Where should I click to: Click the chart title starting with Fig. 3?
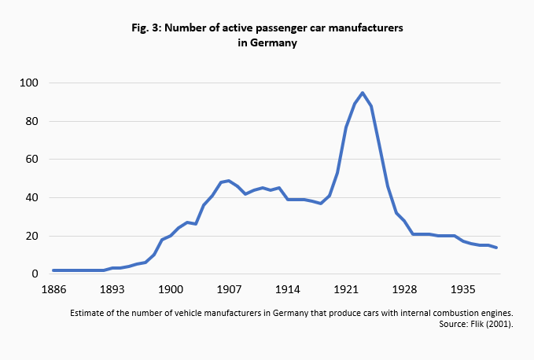coord(267,28)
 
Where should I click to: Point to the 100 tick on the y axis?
coord(29,83)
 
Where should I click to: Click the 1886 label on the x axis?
coord(53,289)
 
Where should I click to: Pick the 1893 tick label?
coord(112,289)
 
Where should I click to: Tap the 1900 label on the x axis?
coord(170,289)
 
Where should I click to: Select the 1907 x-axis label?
coord(228,289)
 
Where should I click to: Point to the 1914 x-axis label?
coord(287,289)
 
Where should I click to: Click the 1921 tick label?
coord(345,289)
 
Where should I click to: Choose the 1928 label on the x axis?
coord(404,289)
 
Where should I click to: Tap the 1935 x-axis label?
coord(462,289)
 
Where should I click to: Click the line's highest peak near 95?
coord(363,93)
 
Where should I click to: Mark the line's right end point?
coord(496,248)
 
